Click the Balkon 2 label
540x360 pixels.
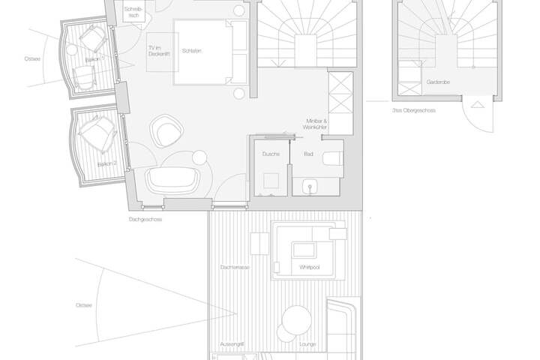point(109,163)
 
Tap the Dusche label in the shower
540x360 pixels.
point(271,154)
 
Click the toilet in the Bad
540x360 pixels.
point(332,158)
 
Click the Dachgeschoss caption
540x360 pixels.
point(145,219)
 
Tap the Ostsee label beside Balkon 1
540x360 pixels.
point(31,58)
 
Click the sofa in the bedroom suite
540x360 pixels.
point(173,180)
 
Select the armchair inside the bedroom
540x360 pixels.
point(168,132)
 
